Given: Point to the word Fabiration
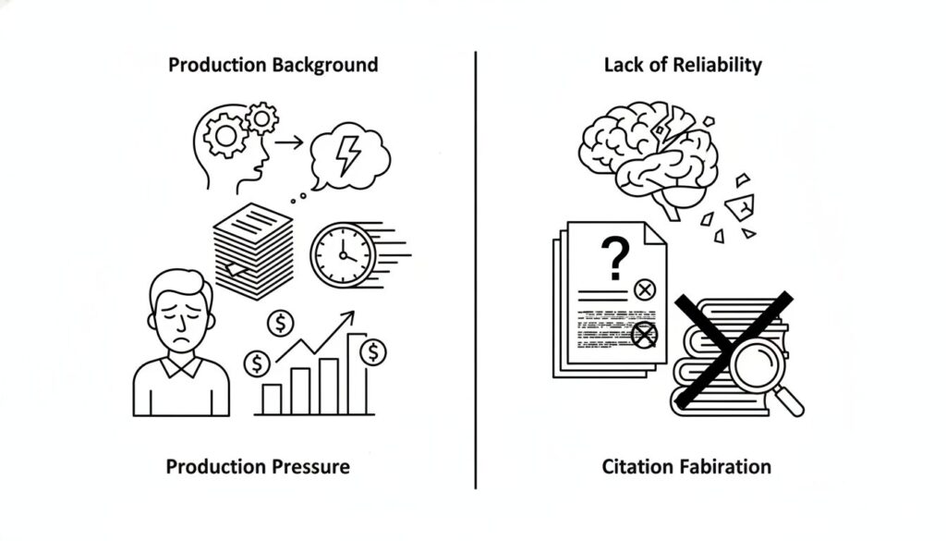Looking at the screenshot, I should point(722,465).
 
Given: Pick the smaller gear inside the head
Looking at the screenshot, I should point(262,117).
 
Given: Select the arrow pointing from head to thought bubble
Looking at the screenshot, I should point(289,142).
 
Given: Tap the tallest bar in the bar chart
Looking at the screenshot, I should point(357,374).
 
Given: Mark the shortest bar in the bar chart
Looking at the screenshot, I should point(272,399).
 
